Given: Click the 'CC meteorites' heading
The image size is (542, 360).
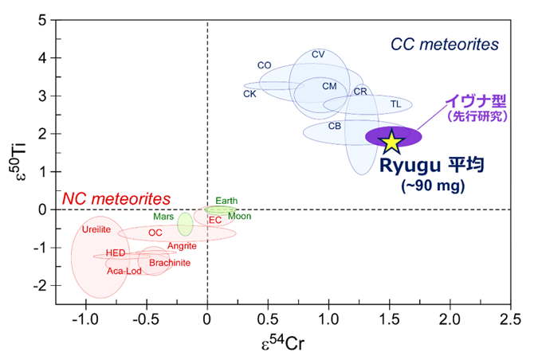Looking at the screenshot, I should (x=444, y=43).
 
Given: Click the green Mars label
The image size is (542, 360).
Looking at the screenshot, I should (x=164, y=216).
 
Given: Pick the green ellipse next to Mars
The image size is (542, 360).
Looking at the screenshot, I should (x=185, y=225).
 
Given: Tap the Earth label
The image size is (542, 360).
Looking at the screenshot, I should (x=226, y=201).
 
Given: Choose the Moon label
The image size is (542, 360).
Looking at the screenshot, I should (x=239, y=216).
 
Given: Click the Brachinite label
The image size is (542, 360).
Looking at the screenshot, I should (x=169, y=262).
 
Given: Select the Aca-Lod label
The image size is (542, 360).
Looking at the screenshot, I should (x=125, y=271).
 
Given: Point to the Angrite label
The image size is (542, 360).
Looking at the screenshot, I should (x=182, y=246).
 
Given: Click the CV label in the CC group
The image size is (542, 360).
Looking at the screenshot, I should (x=318, y=54).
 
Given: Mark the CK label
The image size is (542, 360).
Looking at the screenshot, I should (x=249, y=94).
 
